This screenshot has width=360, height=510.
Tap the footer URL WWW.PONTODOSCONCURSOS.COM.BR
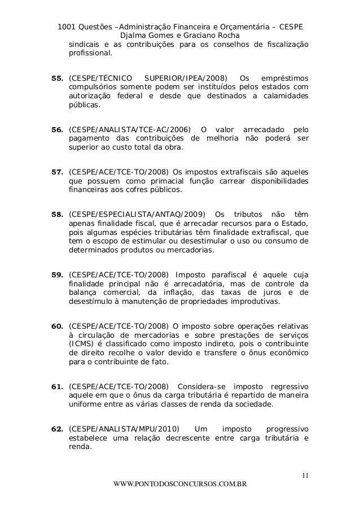coord(180,485)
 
